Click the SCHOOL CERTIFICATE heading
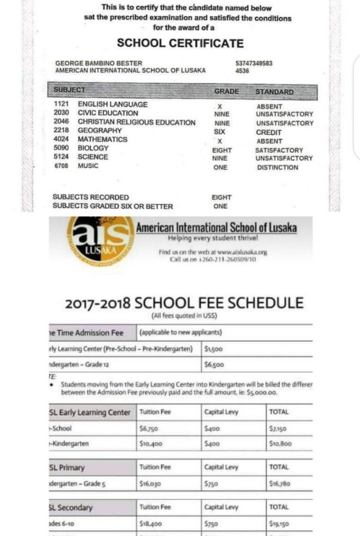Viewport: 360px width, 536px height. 180,43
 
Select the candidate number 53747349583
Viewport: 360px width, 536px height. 254,63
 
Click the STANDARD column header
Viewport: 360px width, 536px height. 274,92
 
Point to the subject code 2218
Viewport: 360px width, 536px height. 61,130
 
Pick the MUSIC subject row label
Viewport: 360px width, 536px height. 88,166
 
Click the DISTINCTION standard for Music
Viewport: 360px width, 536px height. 277,167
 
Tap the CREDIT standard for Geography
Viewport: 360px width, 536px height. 269,132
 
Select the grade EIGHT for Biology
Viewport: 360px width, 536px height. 222,150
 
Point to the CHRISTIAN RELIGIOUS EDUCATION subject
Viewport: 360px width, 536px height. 137,122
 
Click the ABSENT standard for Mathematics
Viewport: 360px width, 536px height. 269,141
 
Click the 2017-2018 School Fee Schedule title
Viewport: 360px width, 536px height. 184,303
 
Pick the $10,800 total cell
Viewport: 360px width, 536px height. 281,443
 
